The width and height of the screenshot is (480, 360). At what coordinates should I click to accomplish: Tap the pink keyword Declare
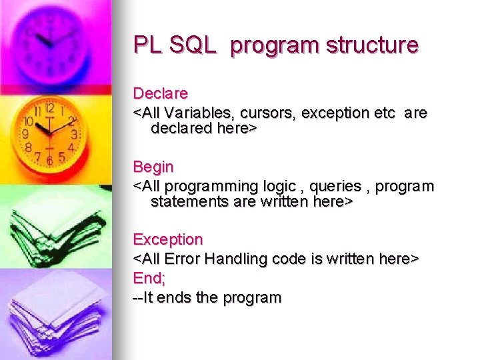pyautogui.click(x=161, y=93)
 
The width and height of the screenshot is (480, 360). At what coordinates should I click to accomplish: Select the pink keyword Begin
pyautogui.click(x=153, y=167)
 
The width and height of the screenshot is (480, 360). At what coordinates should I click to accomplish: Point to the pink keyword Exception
pyautogui.click(x=168, y=239)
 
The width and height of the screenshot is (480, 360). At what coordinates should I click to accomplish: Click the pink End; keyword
pyautogui.click(x=149, y=277)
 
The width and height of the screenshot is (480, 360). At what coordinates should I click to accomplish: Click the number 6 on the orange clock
pyautogui.click(x=49, y=161)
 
